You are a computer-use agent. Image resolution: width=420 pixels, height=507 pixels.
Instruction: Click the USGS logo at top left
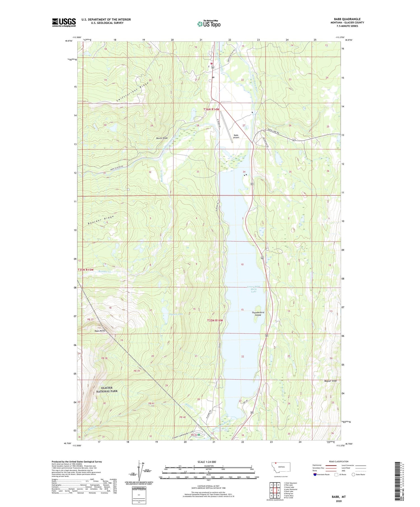(64, 22)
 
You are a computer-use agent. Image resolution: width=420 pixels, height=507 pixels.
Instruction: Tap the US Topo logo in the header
(209, 24)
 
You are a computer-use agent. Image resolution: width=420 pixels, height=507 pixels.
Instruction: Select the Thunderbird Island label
(258, 313)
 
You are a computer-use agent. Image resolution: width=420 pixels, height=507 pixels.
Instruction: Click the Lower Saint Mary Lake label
(254, 289)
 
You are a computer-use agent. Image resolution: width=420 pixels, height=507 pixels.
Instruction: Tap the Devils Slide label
(162, 138)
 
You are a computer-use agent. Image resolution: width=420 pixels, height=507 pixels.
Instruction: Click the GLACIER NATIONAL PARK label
(107, 390)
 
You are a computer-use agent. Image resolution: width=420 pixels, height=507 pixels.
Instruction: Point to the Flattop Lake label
(176, 314)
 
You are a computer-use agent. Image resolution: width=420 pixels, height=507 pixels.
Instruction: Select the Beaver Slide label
(331, 381)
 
